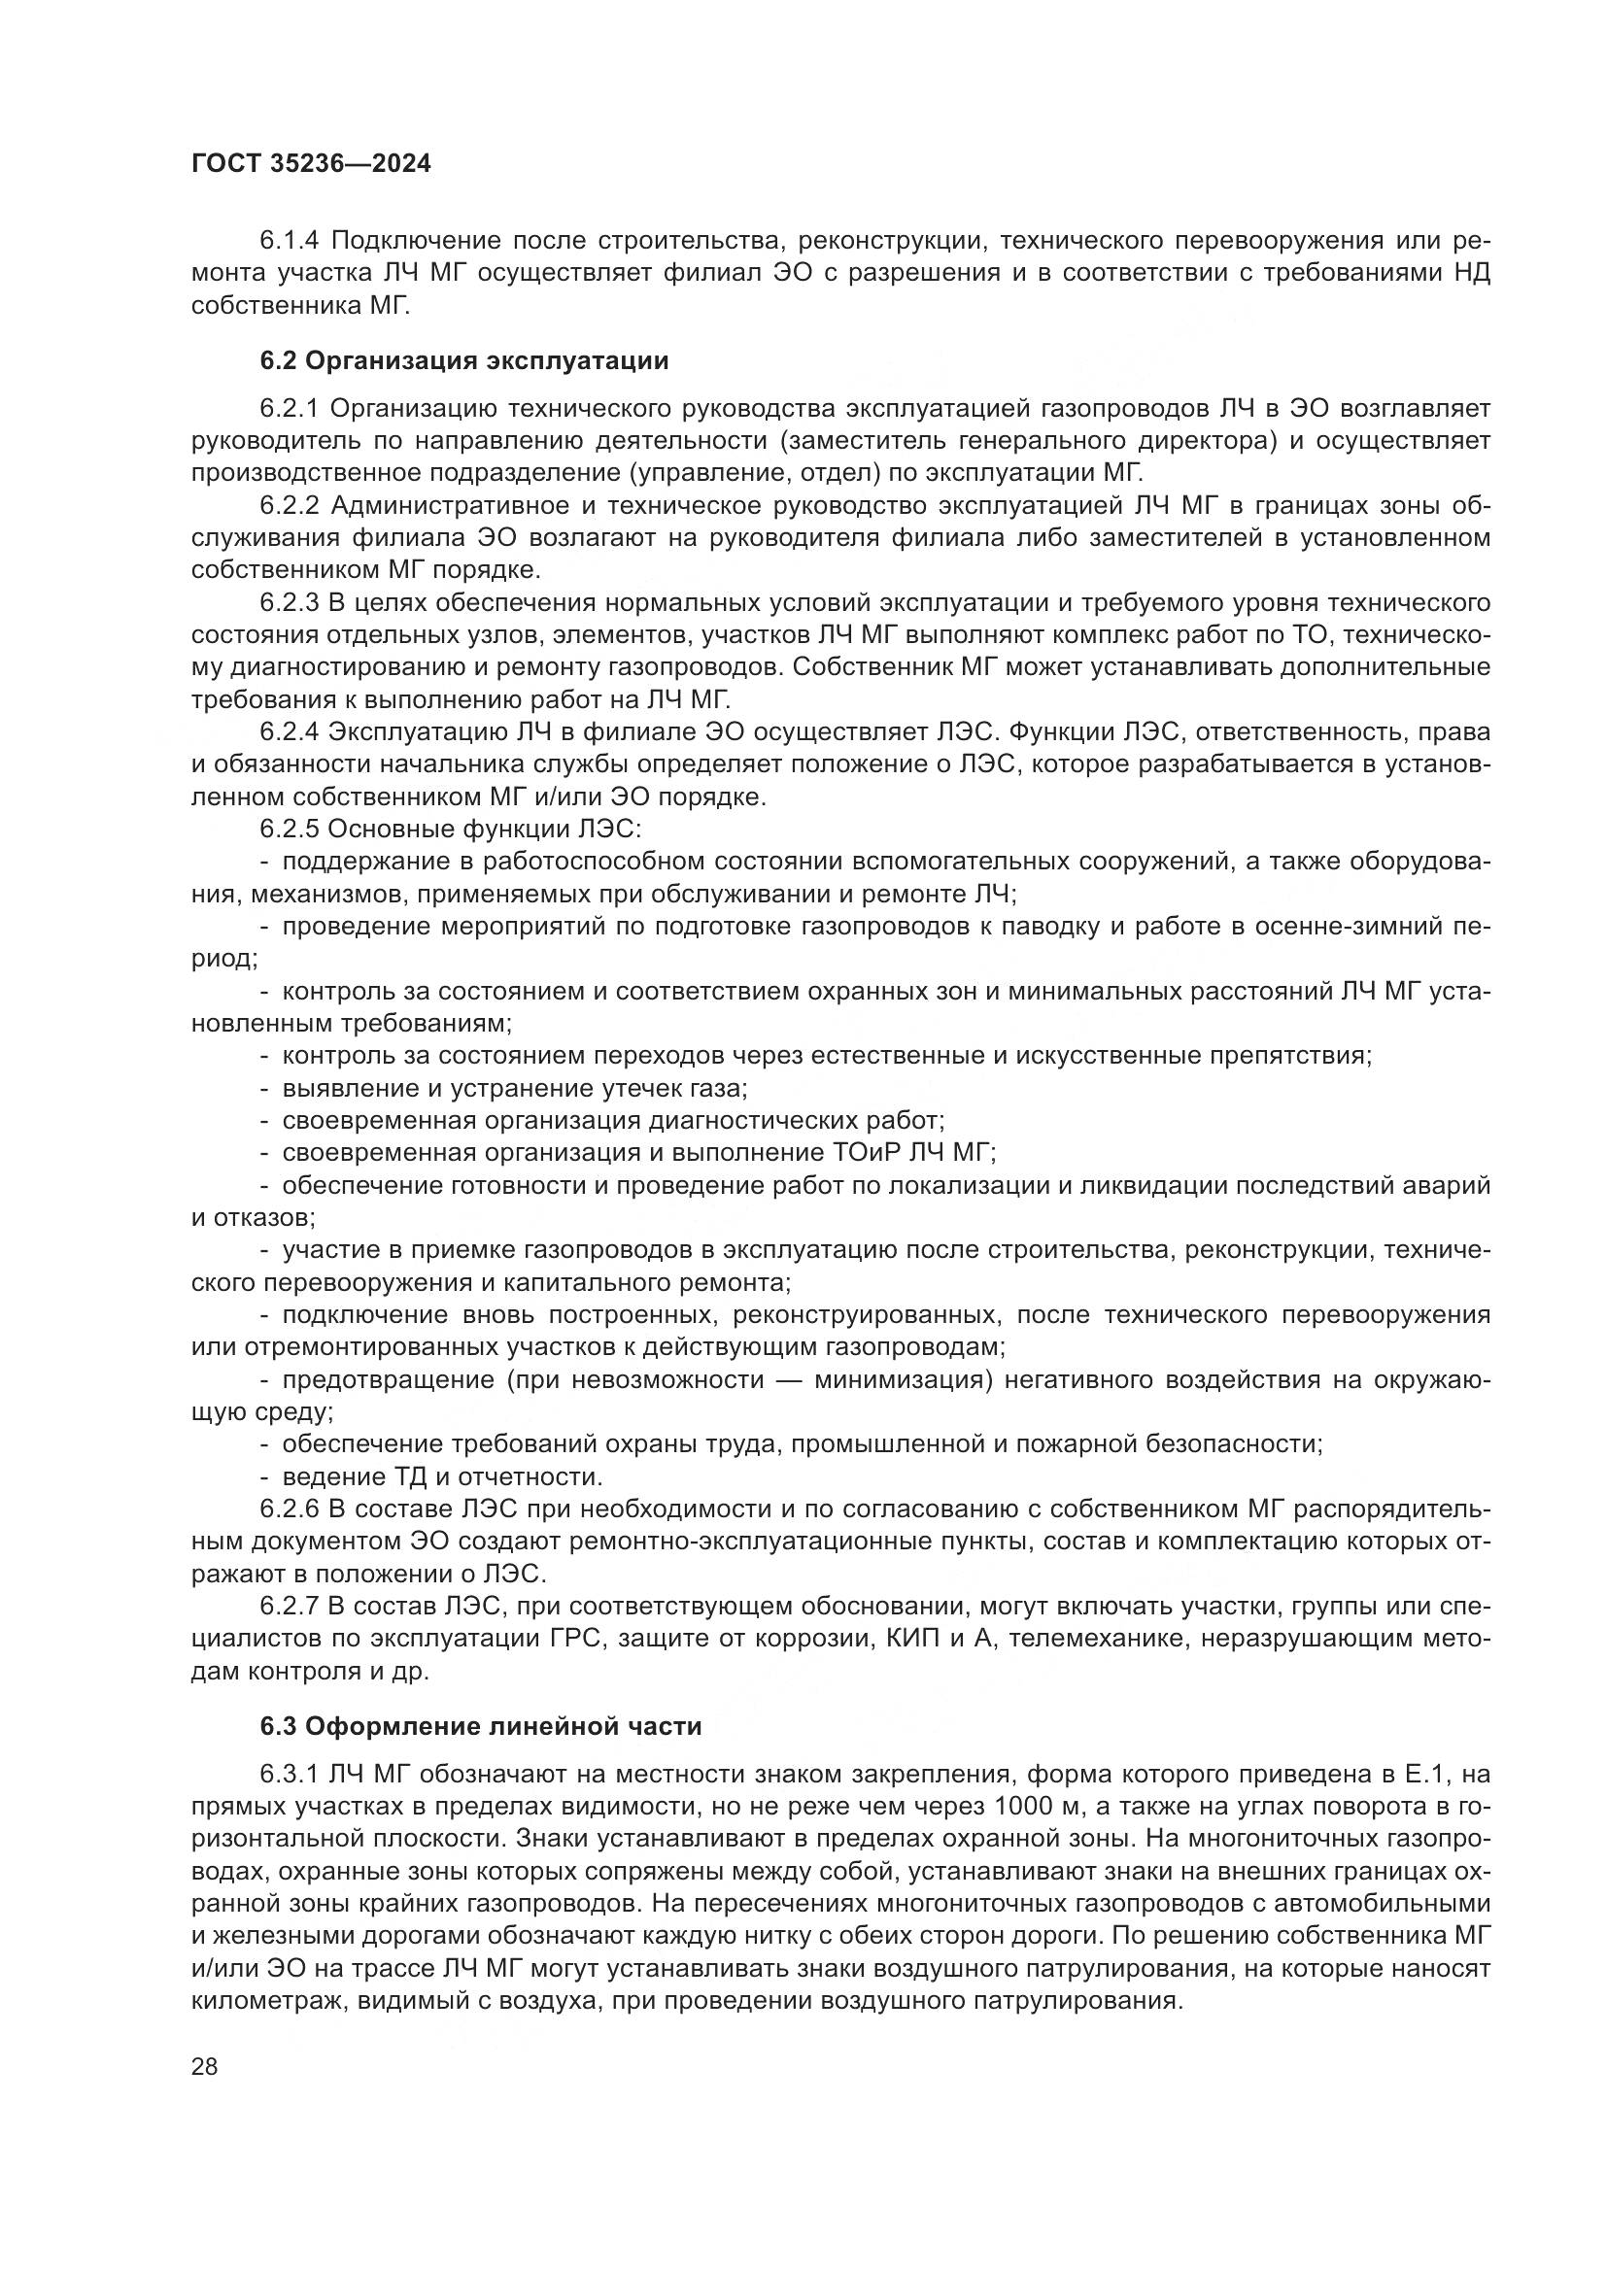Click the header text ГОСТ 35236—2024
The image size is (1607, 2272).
[x=311, y=164]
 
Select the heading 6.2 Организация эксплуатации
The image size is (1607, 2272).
[x=464, y=360]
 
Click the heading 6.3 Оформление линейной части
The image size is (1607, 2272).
[x=481, y=1753]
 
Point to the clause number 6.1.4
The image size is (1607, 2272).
[x=291, y=241]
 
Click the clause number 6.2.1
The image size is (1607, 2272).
[x=291, y=408]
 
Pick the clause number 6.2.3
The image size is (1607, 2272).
[x=291, y=602]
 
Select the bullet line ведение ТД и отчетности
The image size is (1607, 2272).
[x=442, y=1476]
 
